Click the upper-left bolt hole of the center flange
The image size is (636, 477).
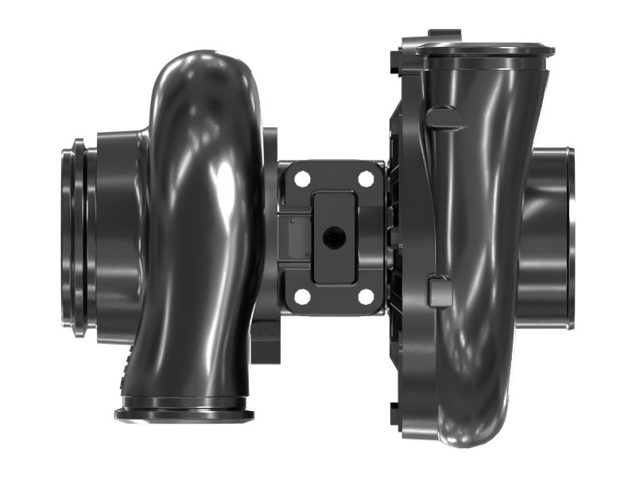tap(302, 180)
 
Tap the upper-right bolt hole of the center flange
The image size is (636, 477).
tap(366, 180)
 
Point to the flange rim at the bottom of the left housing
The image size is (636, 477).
tap(184, 414)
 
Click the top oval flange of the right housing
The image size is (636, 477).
tap(485, 49)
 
